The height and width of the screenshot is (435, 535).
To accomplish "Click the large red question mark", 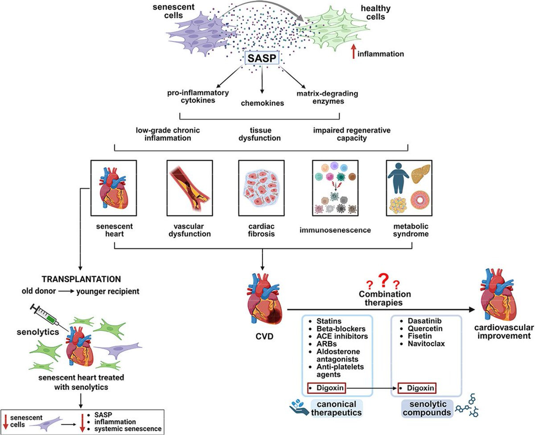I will (383, 280).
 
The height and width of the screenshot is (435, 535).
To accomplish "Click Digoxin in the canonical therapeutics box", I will (328, 388).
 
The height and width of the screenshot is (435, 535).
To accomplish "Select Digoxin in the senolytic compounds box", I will (418, 388).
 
